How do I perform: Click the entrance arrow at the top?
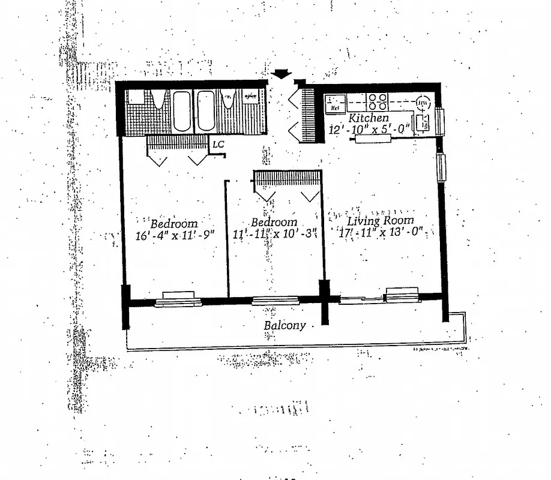(281, 73)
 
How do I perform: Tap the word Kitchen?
(369, 118)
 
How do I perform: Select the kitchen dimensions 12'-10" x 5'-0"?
(369, 128)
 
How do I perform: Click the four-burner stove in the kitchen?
(378, 100)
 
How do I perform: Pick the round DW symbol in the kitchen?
(423, 102)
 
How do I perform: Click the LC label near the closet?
(218, 145)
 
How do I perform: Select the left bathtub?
(181, 111)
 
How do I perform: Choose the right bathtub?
(205, 111)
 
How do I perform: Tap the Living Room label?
(381, 220)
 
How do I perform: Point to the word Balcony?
(285, 326)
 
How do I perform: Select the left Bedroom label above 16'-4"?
(174, 223)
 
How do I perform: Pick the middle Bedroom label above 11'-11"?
(274, 222)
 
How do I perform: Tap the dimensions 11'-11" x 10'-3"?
(274, 233)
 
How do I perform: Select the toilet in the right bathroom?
(227, 99)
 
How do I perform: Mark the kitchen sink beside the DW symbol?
(423, 122)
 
